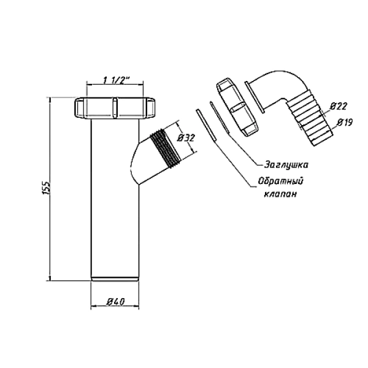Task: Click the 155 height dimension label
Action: [47, 187]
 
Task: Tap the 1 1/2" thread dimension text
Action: [115, 80]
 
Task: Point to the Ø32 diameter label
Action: [186, 137]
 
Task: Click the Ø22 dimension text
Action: [339, 106]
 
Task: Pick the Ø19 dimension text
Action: [345, 122]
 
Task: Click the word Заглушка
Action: [286, 165]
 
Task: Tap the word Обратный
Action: [281, 182]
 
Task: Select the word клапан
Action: [280, 194]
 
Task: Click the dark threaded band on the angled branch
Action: [166, 148]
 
